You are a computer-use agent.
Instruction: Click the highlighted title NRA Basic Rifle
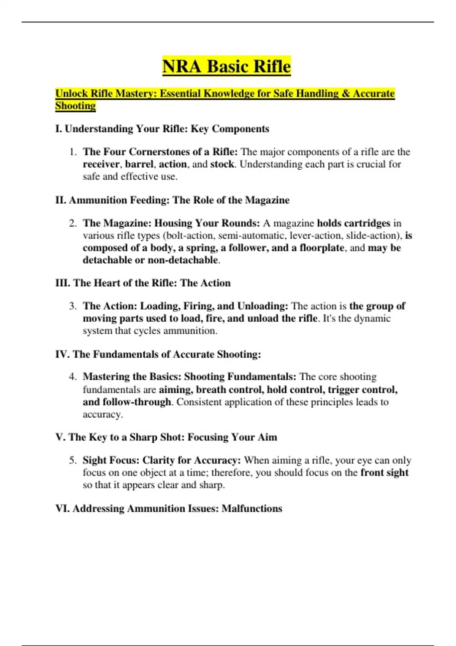(226, 66)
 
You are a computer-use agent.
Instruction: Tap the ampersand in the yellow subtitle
(345, 93)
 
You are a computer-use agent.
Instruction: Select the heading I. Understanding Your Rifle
(162, 129)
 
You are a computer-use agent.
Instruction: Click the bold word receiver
(101, 164)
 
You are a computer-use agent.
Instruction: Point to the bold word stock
(222, 164)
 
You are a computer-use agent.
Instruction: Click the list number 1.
(73, 152)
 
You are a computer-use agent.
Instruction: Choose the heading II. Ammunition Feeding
(172, 200)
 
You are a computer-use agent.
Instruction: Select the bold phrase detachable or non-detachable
(150, 260)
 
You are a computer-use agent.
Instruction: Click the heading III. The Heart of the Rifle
(143, 283)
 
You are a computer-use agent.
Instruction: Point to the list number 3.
(73, 306)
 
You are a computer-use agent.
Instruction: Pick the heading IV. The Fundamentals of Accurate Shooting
(158, 354)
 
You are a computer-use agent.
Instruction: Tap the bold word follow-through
(137, 402)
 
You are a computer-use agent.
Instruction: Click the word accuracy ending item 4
(103, 414)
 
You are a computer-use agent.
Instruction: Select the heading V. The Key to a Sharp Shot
(166, 437)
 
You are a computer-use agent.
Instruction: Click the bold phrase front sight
(384, 473)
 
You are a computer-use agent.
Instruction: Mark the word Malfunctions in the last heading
(252, 508)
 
